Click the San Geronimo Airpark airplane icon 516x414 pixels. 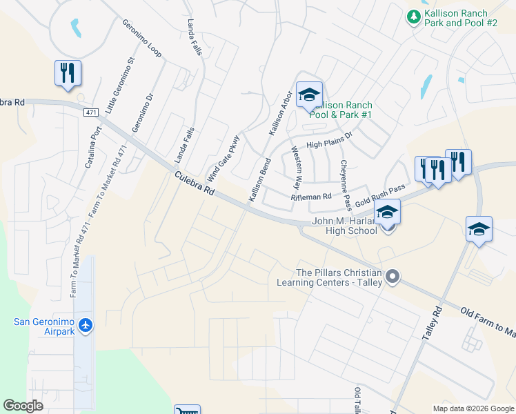(86, 325)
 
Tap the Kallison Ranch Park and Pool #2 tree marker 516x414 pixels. (413, 16)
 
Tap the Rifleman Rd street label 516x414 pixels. (312, 197)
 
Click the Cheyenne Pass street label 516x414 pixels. (346, 186)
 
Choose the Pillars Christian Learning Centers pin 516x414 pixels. (393, 277)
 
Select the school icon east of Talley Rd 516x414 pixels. (479, 230)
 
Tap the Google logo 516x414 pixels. (23, 406)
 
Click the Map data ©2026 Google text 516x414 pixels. (473, 408)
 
